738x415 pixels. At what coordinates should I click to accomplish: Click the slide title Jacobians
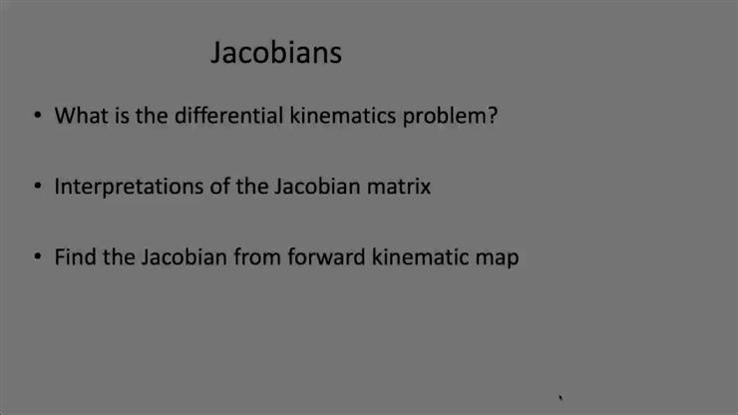pyautogui.click(x=275, y=53)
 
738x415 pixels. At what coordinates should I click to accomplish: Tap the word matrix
pyautogui.click(x=399, y=186)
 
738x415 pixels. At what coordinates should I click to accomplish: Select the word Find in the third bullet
pyautogui.click(x=74, y=256)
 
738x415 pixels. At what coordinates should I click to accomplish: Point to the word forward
pyautogui.click(x=326, y=256)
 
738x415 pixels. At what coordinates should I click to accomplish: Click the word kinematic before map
pyautogui.click(x=420, y=256)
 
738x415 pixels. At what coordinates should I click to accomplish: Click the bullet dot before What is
pyautogui.click(x=37, y=116)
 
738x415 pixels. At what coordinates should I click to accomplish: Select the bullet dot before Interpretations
pyautogui.click(x=37, y=187)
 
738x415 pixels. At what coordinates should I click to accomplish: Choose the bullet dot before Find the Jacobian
pyautogui.click(x=37, y=257)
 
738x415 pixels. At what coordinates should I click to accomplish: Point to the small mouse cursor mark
pyautogui.click(x=561, y=397)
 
